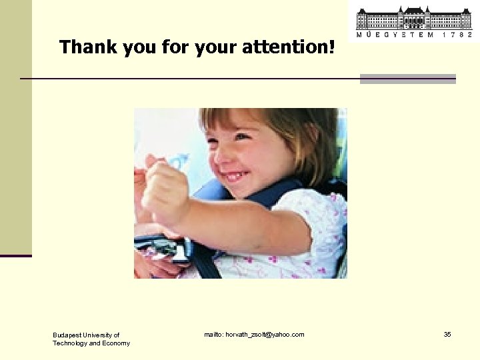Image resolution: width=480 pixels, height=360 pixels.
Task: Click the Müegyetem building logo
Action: pos(413,18)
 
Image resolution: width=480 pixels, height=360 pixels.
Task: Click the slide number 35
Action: pos(447,334)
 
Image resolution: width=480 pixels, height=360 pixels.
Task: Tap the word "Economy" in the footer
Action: pos(115,343)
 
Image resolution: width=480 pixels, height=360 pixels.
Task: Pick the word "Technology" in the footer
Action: pos(70,343)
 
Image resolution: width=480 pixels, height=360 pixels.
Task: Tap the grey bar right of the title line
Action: pos(407,79)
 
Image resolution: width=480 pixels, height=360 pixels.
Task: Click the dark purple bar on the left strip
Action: pos(15,255)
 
